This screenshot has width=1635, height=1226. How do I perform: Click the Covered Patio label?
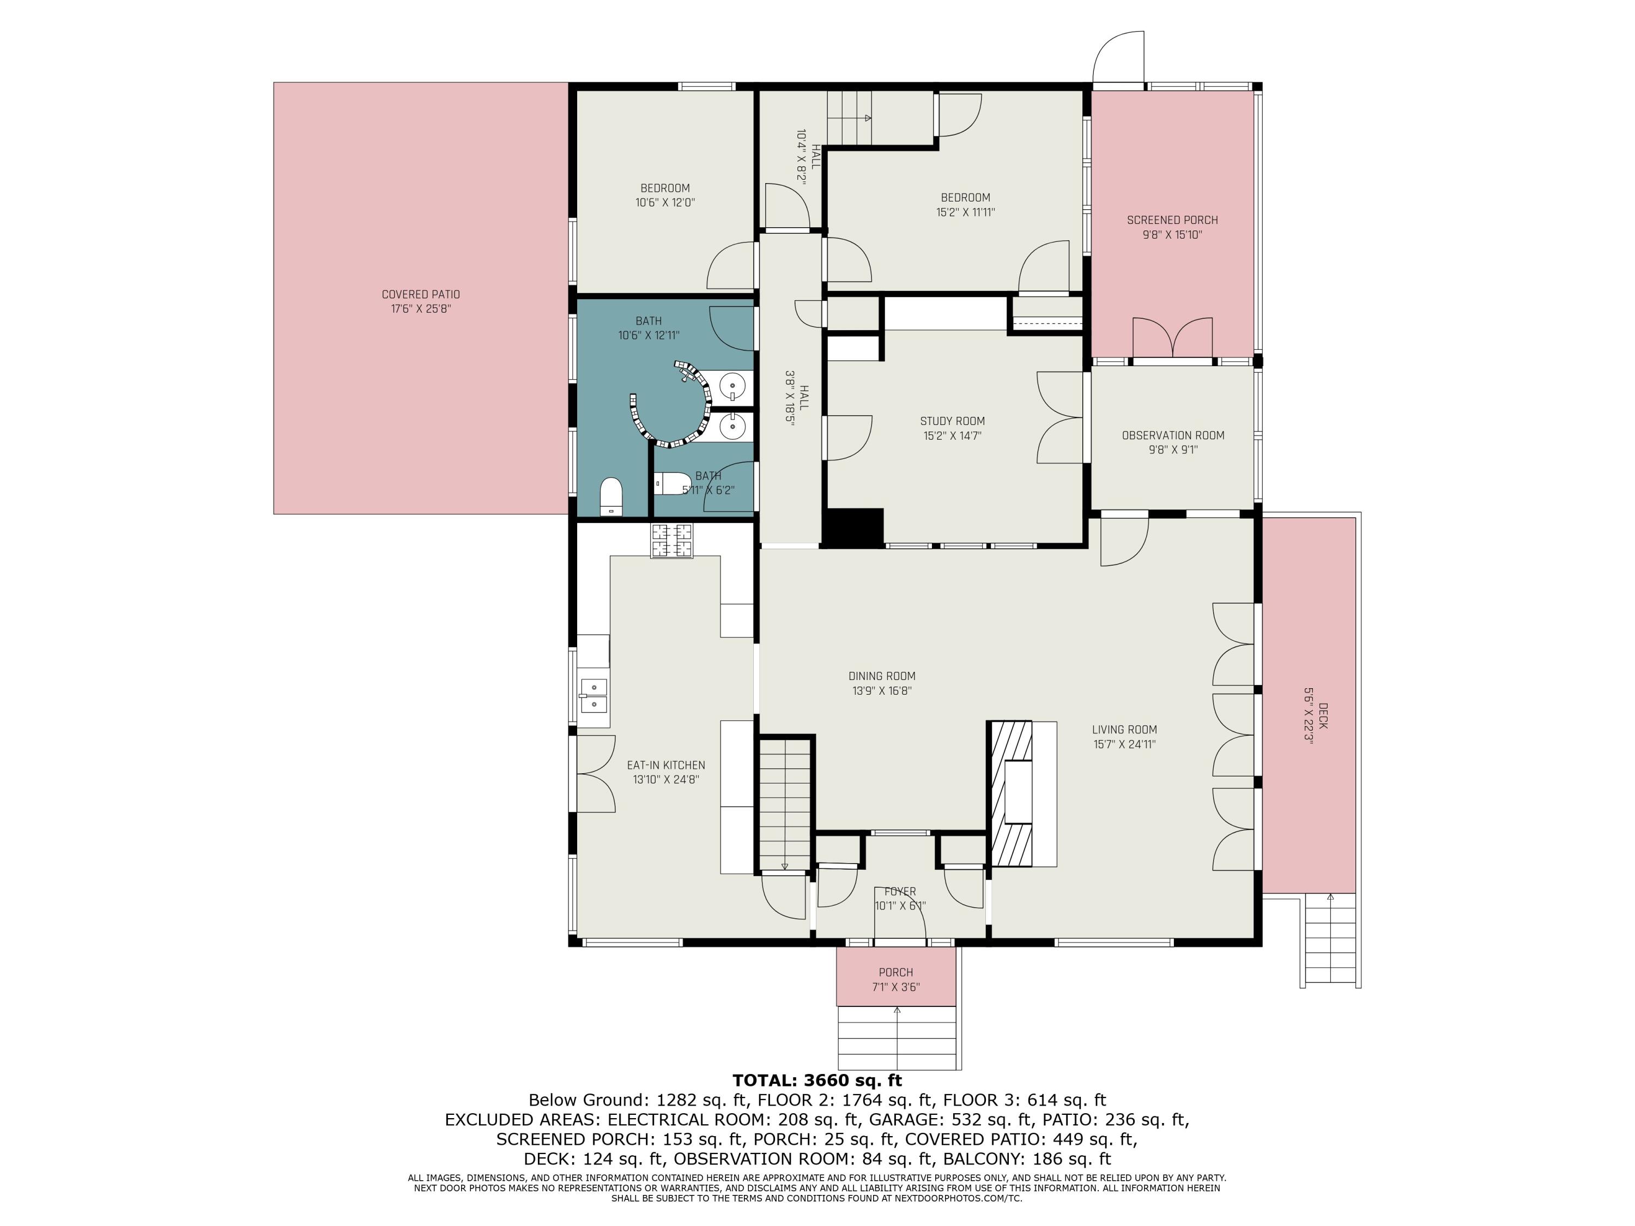pyautogui.click(x=421, y=294)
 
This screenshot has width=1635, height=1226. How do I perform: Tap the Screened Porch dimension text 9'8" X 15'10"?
pyautogui.click(x=1172, y=235)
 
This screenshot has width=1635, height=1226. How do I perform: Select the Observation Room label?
pyautogui.click(x=1173, y=435)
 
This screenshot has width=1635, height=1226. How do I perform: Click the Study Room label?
pyautogui.click(x=952, y=421)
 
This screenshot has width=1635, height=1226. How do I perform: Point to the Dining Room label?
pyautogui.click(x=882, y=676)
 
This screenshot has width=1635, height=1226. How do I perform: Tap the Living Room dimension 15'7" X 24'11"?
pyautogui.click(x=1124, y=745)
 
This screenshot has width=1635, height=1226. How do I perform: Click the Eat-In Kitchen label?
pyautogui.click(x=666, y=766)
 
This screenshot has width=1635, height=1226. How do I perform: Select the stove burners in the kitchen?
pyautogui.click(x=672, y=540)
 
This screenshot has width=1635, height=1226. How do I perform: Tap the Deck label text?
pyautogui.click(x=1322, y=716)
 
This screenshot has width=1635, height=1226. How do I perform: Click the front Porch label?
pyautogui.click(x=896, y=973)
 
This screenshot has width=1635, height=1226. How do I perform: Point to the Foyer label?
pyautogui.click(x=900, y=892)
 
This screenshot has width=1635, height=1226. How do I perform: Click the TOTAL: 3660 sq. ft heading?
pyautogui.click(x=817, y=1081)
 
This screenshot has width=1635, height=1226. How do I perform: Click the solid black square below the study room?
pyautogui.click(x=853, y=527)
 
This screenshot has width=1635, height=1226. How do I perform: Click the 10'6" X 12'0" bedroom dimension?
pyautogui.click(x=665, y=203)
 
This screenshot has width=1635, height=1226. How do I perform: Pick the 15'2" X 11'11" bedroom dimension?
pyautogui.click(x=965, y=212)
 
